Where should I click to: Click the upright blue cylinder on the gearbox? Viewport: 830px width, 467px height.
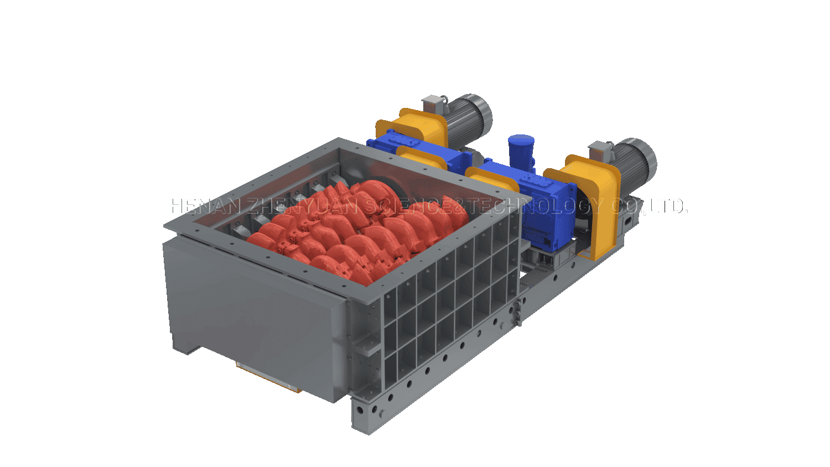click(521, 152)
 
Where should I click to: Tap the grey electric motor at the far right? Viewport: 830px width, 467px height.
click(634, 160)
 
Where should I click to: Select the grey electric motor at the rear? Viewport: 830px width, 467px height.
click(468, 118)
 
